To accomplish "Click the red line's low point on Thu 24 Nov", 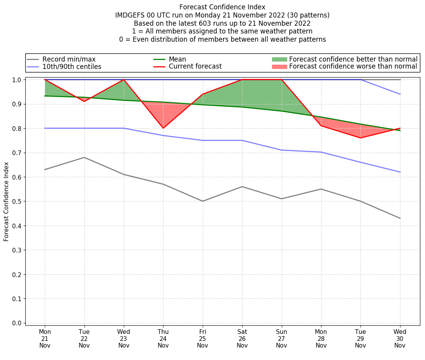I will [163, 128].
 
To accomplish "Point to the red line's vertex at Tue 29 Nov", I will [360, 138].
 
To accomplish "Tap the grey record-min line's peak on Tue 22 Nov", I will [84, 157].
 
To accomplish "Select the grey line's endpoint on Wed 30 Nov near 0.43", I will [400, 218].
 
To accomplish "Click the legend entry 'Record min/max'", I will [69, 59].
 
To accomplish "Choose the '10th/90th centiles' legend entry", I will [72, 67].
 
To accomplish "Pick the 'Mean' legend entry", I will [177, 59].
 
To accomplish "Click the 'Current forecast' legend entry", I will [195, 67].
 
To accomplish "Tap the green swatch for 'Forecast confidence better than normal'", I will [279, 59].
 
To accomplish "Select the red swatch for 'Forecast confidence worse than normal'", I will [279, 67].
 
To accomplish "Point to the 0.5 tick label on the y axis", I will [17, 201].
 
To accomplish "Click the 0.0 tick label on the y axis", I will [17, 323].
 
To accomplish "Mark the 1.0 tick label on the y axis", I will [17, 80].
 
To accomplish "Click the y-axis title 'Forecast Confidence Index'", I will [6, 201].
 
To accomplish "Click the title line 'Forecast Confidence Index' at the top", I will [222, 7].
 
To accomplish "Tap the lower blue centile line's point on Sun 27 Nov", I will [281, 150].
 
